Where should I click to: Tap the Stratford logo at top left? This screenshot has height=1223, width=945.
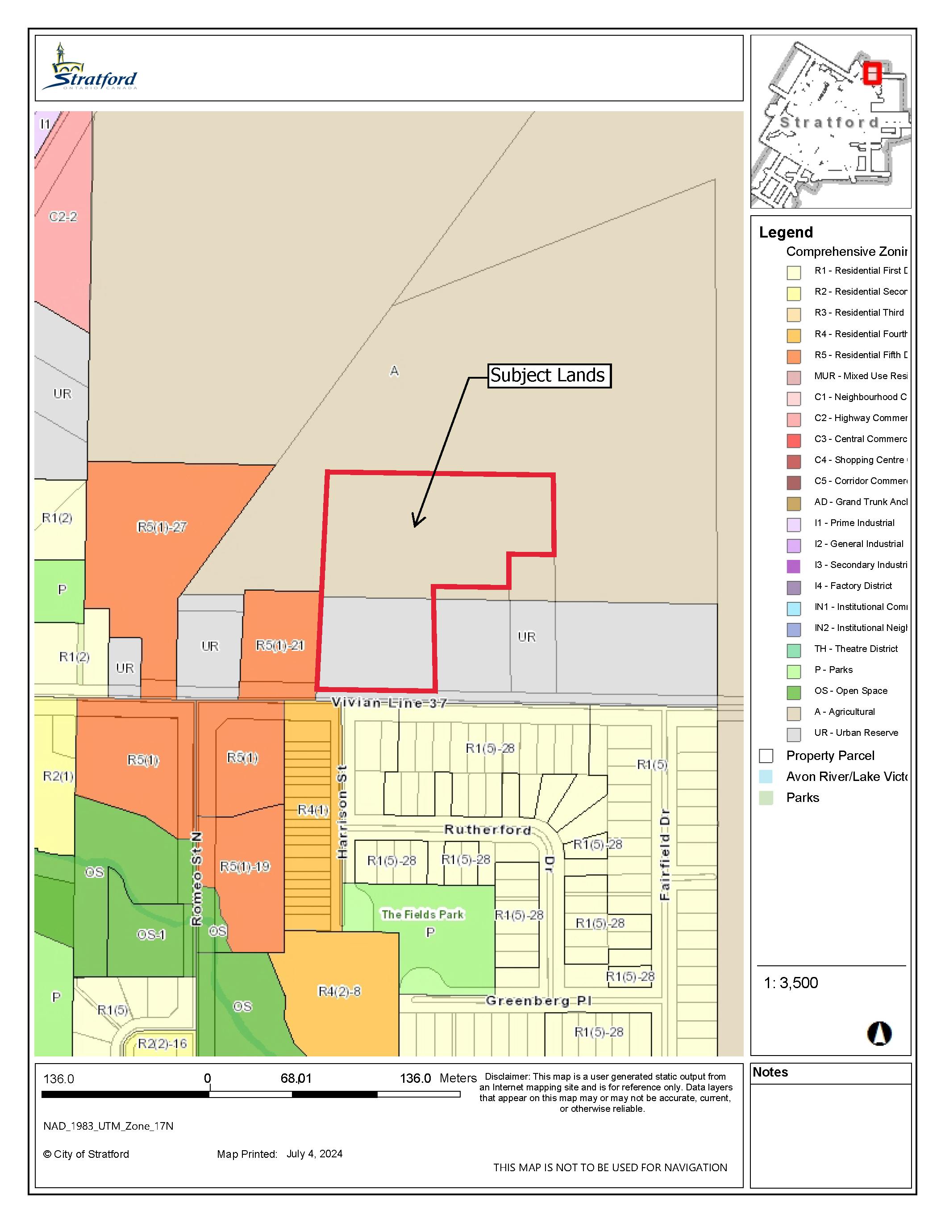pyautogui.click(x=90, y=68)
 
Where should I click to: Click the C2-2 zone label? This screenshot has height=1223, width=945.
pyautogui.click(x=62, y=217)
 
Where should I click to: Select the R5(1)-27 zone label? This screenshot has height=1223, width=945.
pyautogui.click(x=162, y=527)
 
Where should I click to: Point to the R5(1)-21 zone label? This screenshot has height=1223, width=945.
pyautogui.click(x=280, y=646)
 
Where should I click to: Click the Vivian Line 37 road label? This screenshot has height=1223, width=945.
pyautogui.click(x=389, y=703)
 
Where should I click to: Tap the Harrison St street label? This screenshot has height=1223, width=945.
pyautogui.click(x=342, y=812)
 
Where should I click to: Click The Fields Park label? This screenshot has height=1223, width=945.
pyautogui.click(x=423, y=914)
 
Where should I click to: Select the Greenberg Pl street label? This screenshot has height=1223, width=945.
pyautogui.click(x=538, y=1001)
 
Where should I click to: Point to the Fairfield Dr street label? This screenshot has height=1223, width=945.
pyautogui.click(x=665, y=855)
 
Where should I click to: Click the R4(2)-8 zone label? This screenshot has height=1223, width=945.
pyautogui.click(x=339, y=991)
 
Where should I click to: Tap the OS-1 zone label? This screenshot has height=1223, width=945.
pyautogui.click(x=151, y=935)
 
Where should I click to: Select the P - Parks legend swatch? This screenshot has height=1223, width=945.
pyautogui.click(x=793, y=671)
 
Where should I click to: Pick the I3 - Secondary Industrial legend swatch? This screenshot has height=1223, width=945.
pyautogui.click(x=793, y=566)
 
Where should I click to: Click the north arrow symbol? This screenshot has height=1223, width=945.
pyautogui.click(x=879, y=1034)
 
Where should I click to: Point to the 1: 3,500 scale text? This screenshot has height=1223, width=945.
pyautogui.click(x=791, y=983)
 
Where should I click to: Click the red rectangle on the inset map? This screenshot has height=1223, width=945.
pyautogui.click(x=872, y=73)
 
